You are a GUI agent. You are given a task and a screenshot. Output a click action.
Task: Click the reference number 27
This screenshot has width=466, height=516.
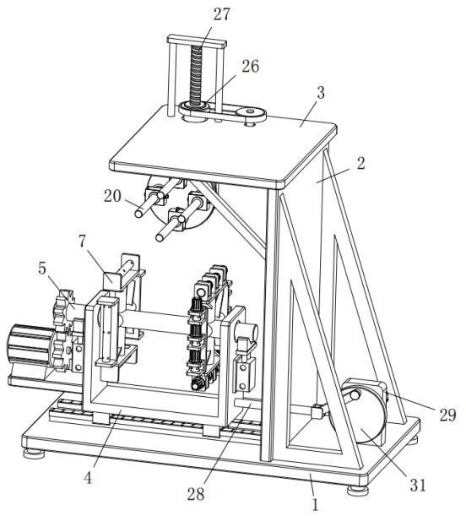click(x=222, y=14)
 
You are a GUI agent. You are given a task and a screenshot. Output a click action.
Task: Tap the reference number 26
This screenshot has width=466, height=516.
click(x=251, y=66)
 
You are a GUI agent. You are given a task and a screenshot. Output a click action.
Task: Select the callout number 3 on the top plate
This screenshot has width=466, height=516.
click(x=321, y=92)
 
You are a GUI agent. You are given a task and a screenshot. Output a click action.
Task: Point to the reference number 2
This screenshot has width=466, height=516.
click(x=361, y=163)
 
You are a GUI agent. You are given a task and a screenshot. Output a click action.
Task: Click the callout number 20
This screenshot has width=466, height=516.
click(x=113, y=196)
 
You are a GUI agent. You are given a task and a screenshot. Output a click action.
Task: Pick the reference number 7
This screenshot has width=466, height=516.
click(x=83, y=242)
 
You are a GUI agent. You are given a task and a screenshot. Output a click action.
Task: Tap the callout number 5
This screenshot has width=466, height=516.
click(x=42, y=269)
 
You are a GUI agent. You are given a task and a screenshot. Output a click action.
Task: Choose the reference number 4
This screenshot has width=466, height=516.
click(x=88, y=478)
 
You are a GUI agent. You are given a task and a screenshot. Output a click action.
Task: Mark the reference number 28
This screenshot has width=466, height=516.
click(x=196, y=494)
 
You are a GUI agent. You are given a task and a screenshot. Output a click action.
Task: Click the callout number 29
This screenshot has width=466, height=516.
click(x=448, y=416)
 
